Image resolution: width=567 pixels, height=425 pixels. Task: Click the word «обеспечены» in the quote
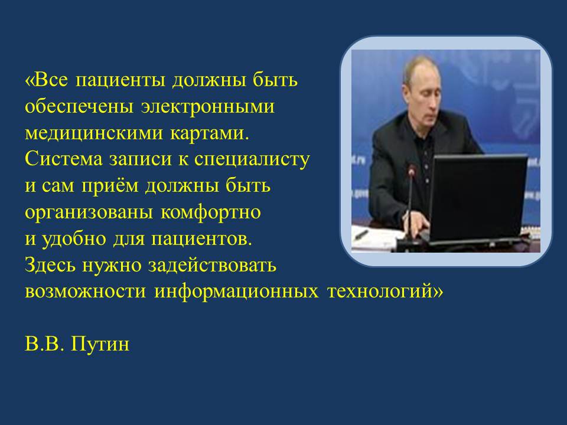coord(79,106)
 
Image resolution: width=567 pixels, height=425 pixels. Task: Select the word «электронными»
coord(207,107)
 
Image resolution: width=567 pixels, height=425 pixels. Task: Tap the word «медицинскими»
coord(94,133)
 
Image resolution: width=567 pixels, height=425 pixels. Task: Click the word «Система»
coord(64,159)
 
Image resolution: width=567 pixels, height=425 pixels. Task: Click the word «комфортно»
coord(210,212)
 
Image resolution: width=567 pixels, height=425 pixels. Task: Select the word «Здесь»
coord(50,265)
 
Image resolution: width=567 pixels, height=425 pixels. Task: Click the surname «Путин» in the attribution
coord(100,344)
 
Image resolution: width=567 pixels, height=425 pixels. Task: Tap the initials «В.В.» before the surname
coord(44,344)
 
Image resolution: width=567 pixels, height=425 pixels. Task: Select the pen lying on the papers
coord(361,235)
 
